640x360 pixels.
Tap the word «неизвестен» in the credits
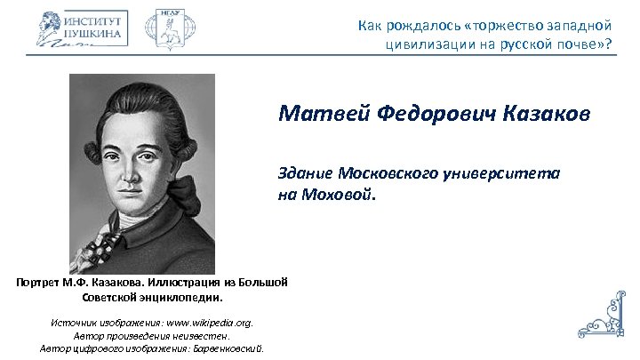point(202,335)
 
